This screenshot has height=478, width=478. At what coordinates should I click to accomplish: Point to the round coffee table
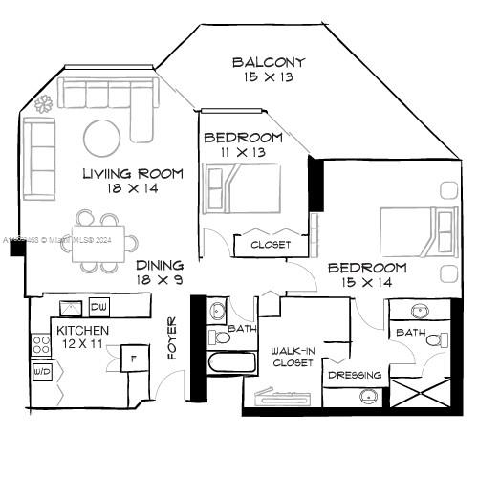(102, 138)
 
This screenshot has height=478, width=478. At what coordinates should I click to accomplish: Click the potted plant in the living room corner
(44, 104)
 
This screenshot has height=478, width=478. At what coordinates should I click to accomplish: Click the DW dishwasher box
(99, 307)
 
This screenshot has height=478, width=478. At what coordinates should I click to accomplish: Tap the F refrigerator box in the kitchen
(133, 358)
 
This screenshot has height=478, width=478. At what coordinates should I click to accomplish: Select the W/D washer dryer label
(42, 370)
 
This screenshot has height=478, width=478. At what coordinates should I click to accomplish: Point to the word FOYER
(173, 337)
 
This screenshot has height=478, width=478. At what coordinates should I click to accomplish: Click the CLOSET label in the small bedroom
(271, 245)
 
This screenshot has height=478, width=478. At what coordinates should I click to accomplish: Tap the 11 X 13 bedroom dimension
(243, 152)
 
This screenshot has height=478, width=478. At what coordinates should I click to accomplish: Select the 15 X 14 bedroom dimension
(367, 283)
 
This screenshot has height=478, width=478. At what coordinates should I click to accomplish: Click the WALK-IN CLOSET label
(293, 357)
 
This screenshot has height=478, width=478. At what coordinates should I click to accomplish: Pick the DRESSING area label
(355, 375)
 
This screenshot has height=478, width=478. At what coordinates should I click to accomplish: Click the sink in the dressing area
(368, 396)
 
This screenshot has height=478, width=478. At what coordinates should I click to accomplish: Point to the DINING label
(160, 266)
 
